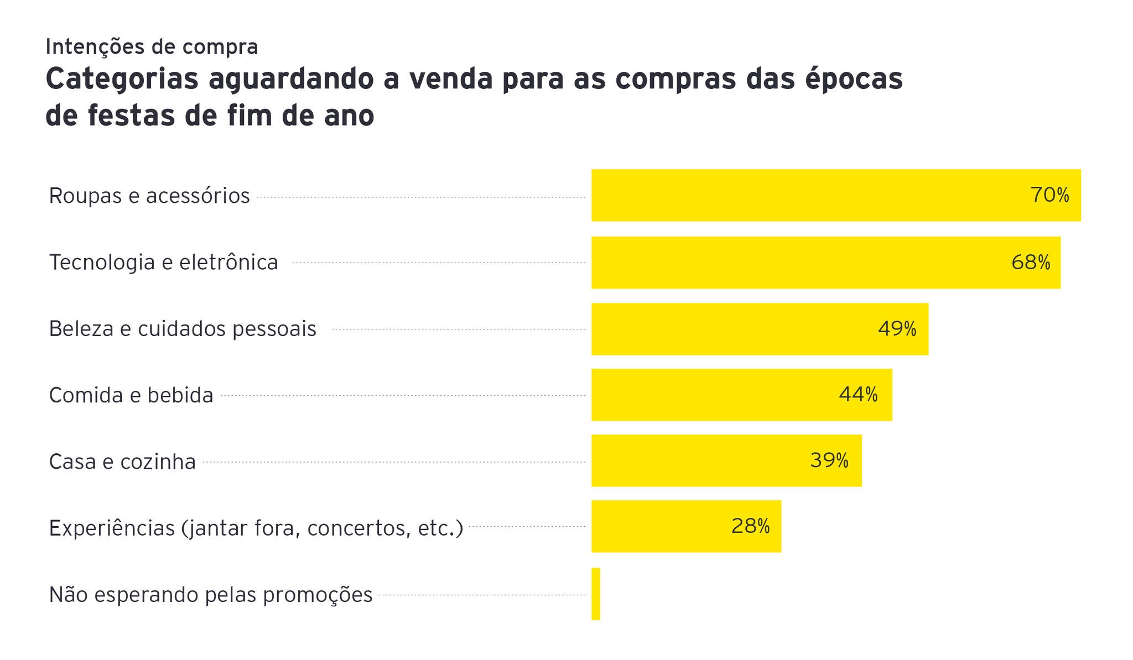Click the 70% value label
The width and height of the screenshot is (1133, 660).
click(1049, 195)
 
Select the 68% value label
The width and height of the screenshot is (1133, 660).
click(1031, 263)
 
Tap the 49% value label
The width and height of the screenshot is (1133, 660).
click(897, 329)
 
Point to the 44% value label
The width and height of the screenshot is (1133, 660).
click(858, 395)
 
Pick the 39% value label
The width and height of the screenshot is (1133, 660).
click(829, 460)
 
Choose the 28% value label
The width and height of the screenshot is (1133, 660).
click(750, 526)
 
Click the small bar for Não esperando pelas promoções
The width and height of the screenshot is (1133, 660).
click(596, 594)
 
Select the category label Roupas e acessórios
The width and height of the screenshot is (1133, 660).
click(149, 196)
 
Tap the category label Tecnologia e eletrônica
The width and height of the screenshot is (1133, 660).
click(164, 262)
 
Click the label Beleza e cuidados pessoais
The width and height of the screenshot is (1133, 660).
click(183, 329)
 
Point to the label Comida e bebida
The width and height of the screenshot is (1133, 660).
click(131, 395)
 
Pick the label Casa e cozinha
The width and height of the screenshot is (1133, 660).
click(122, 462)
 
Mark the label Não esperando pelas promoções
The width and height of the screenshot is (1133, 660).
click(211, 595)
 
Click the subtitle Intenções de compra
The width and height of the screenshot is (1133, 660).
click(152, 47)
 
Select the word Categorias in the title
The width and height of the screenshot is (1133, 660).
click(122, 79)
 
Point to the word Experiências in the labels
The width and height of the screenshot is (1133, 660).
click(112, 528)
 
